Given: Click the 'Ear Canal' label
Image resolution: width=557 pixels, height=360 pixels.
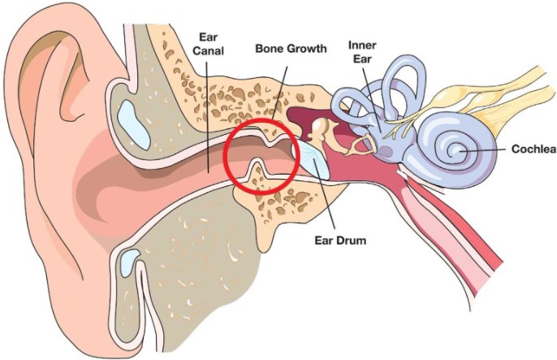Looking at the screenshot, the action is point(208,44).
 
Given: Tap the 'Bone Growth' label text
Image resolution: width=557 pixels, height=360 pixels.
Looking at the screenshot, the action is point(291,48).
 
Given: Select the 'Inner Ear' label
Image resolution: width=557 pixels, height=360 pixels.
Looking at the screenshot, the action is point(362,52).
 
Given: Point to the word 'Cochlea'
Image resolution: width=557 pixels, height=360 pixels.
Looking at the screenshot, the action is point(534,150).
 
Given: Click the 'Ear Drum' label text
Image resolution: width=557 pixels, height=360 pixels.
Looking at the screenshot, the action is point(340,241).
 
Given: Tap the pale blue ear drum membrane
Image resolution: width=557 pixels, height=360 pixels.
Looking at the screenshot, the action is point(310,158).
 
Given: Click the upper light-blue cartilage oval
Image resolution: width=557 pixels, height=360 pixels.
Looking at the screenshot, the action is point(133,124).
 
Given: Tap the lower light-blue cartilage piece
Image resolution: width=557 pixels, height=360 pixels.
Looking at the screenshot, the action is point(128,262).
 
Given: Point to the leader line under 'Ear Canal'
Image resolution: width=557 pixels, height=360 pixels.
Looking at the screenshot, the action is point(207,116).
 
